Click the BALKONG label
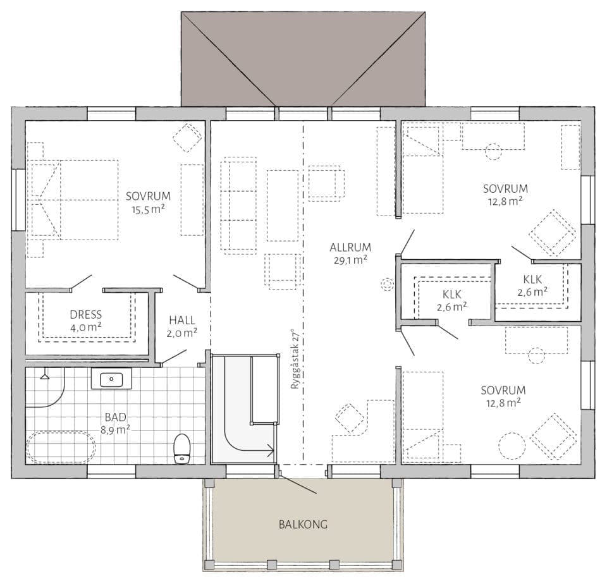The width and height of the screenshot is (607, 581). [x=303, y=525]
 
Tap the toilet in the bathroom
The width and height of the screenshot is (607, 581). [x=182, y=449]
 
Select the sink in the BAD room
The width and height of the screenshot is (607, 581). [x=111, y=379]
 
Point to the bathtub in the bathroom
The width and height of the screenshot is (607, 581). [x=61, y=447]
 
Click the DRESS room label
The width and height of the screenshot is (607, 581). [x=86, y=314]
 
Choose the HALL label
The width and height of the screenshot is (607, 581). [x=182, y=320]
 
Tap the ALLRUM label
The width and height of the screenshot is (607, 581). [x=350, y=247]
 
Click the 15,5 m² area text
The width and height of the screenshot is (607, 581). [x=148, y=209]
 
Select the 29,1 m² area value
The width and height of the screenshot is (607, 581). [x=350, y=260]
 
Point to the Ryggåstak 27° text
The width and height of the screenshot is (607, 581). [x=295, y=359]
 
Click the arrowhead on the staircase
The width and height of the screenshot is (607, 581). [x=271, y=450]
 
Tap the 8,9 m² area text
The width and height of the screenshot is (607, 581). [x=115, y=430]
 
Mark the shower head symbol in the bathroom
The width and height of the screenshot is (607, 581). [x=45, y=375]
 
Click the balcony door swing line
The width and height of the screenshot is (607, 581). [x=297, y=484]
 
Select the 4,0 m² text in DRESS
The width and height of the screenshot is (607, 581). [x=86, y=327]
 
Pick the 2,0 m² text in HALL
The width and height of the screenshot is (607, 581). [x=182, y=333]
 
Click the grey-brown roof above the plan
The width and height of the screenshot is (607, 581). [x=303, y=58]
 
